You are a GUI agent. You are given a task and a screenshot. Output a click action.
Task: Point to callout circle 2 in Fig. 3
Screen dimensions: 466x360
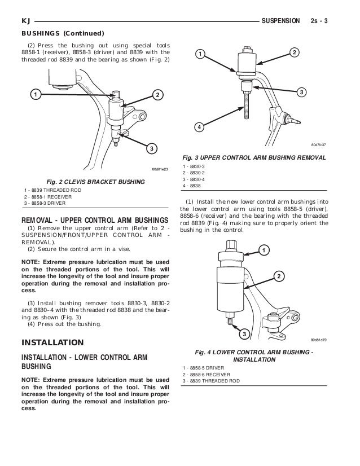click(x=294, y=52)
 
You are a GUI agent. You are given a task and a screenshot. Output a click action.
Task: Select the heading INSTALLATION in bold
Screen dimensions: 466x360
click(x=52, y=342)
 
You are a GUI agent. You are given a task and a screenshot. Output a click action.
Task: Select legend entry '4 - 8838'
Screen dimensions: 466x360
click(x=191, y=185)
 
